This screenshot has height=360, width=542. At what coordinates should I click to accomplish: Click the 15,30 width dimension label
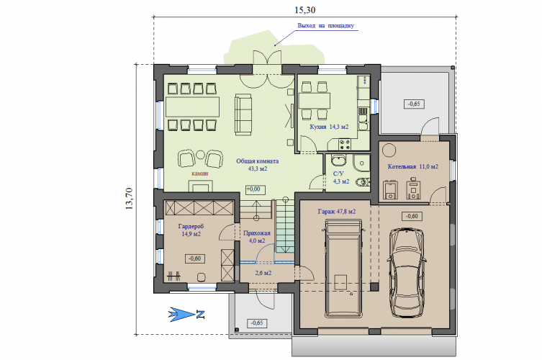(x=305, y=10)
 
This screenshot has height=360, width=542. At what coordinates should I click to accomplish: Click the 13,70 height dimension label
(x=129, y=199)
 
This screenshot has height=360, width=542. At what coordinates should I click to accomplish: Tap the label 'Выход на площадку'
(x=325, y=26)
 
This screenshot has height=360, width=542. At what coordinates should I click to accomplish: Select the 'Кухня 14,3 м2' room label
(x=329, y=127)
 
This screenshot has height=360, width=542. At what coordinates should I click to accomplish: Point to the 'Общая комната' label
(x=257, y=161)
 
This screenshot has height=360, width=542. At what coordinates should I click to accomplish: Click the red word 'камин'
(x=200, y=174)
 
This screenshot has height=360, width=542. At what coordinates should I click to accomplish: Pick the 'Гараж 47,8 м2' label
(x=337, y=211)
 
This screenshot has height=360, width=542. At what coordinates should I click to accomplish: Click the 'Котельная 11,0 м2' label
(x=412, y=167)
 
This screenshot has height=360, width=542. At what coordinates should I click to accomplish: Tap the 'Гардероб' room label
(x=191, y=227)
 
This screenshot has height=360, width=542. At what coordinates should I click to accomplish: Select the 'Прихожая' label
(x=257, y=233)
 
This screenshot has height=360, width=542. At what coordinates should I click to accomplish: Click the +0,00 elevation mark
(x=256, y=189)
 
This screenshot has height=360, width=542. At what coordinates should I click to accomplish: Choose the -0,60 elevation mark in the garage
(x=412, y=217)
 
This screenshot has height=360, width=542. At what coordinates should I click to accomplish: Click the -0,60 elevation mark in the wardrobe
(x=194, y=258)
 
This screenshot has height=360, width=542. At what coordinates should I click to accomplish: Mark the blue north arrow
(x=186, y=315)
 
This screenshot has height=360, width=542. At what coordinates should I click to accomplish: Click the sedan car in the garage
(x=407, y=272)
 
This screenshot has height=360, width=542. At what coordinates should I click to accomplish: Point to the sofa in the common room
(x=243, y=114)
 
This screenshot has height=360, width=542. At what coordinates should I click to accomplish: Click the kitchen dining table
(x=315, y=100)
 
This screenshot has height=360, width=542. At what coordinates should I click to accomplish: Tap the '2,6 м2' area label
(x=263, y=273)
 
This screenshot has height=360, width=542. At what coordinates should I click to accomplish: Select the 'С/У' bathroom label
(x=338, y=174)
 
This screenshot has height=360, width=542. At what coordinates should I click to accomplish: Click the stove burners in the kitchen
(x=345, y=144)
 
